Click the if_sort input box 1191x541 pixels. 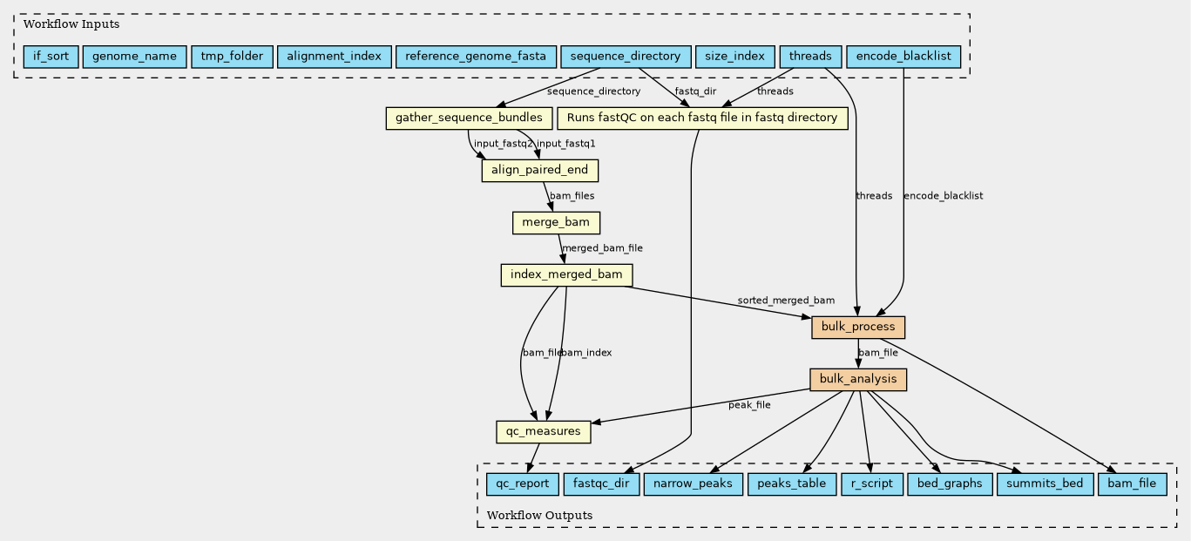51,57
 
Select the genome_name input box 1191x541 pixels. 134,57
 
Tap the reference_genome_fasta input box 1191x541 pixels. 475,57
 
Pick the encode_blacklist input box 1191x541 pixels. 905,57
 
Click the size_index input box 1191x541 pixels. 734,57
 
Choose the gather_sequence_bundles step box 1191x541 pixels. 469,118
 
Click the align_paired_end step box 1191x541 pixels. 540,170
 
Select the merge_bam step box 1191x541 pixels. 556,223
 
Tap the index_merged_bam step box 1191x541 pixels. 566,275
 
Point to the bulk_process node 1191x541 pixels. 858,328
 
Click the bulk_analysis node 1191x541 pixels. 858,380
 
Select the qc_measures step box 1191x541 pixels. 544,431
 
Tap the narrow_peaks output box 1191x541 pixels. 693,484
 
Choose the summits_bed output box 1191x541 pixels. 1044,484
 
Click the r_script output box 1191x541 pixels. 870,484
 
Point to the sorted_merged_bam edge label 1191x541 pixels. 786,301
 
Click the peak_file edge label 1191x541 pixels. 749,405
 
